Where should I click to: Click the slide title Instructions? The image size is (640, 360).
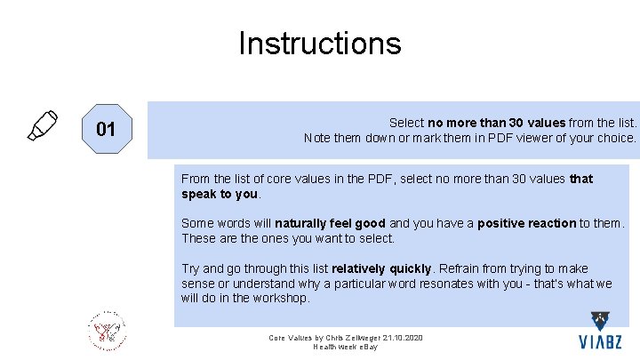(319, 43)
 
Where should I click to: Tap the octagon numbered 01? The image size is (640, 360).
(106, 129)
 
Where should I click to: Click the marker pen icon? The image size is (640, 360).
(42, 125)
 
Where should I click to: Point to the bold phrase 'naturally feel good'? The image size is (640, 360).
(330, 223)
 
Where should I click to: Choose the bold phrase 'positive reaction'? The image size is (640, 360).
(526, 223)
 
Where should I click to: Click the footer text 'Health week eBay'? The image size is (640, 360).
(346, 347)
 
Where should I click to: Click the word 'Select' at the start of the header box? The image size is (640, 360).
(406, 123)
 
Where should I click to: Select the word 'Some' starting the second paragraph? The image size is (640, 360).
(196, 223)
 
